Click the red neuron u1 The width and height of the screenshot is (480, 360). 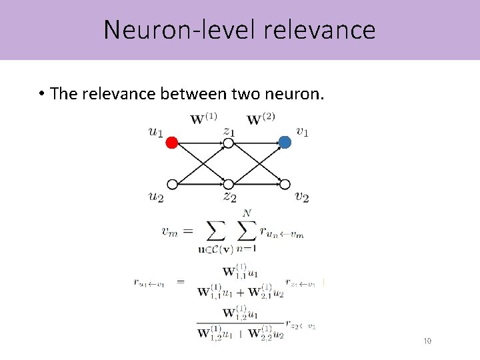tap(171, 142)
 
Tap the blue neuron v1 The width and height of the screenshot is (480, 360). tap(285, 142)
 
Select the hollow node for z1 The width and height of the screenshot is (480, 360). tap(228, 143)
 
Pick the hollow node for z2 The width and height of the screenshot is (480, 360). tap(228, 185)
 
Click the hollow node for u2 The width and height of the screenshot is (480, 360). tap(171, 185)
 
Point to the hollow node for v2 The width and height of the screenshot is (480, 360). tap(285, 185)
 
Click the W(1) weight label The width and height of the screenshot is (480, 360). tap(203, 120)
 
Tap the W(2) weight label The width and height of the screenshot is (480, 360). tap(261, 120)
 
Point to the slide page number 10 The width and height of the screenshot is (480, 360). tap(427, 341)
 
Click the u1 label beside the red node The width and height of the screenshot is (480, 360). tap(155, 132)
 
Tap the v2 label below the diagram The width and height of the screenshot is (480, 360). tap(301, 197)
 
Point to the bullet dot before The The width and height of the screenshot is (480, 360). tap(41, 94)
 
